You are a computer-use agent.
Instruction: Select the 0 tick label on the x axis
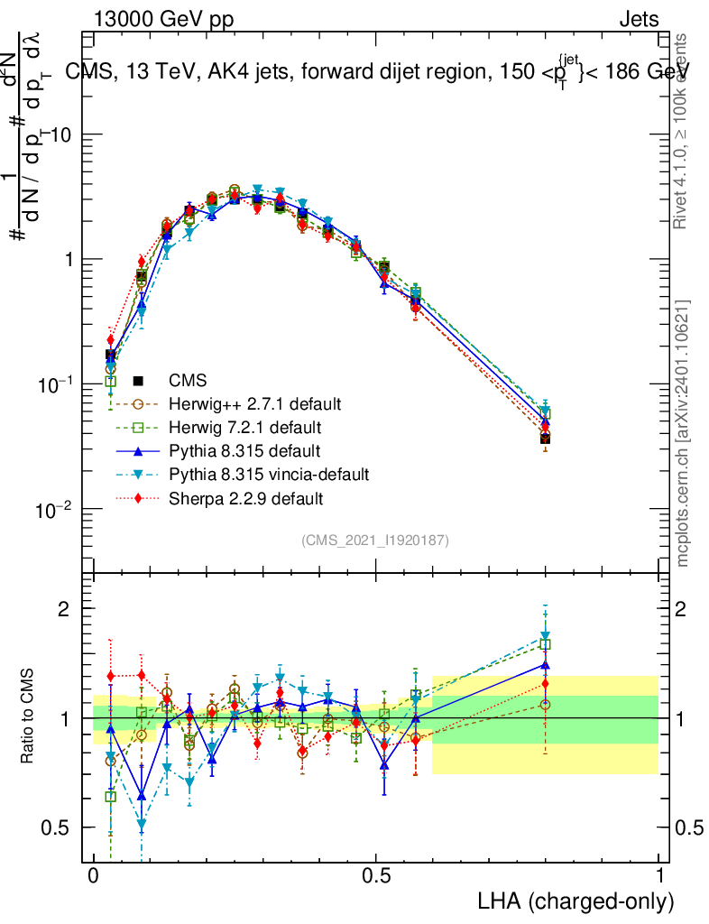pos(93,876)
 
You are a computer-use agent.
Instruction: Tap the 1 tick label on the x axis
pos(659,876)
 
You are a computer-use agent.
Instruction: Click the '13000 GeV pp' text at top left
pos(163,20)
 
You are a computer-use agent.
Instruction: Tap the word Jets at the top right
pos(639,20)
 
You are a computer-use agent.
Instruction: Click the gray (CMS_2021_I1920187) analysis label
pos(375,540)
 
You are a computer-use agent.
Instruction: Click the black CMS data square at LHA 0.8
pos(545,439)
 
